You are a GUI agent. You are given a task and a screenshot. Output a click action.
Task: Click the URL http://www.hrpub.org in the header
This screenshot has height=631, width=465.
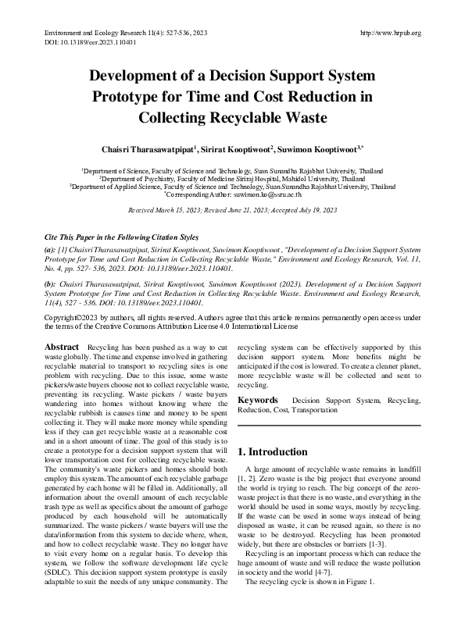coord(390,33)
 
